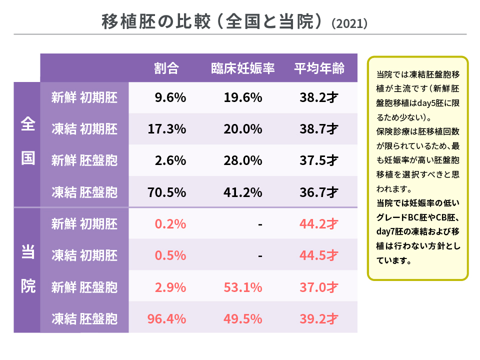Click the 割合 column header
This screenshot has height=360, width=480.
click(166, 68)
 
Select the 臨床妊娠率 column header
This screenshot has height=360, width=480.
click(243, 68)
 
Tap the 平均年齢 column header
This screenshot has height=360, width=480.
click(319, 68)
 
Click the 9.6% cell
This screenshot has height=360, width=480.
click(170, 97)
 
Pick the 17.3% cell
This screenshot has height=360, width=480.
click(167, 129)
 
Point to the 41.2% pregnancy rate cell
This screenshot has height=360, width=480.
click(243, 192)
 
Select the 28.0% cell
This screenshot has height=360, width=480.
click(243, 160)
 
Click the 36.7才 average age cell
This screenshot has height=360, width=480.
click(319, 192)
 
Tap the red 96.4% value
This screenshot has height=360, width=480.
click(167, 318)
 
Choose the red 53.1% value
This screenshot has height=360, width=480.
click(243, 287)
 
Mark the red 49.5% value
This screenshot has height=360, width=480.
click(243, 318)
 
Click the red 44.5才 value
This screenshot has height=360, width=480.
click(319, 255)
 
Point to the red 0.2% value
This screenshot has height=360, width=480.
click(170, 224)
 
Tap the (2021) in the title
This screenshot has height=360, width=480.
click(350, 23)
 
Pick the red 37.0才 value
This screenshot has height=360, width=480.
click(319, 287)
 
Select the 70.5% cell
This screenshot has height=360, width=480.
click(167, 192)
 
